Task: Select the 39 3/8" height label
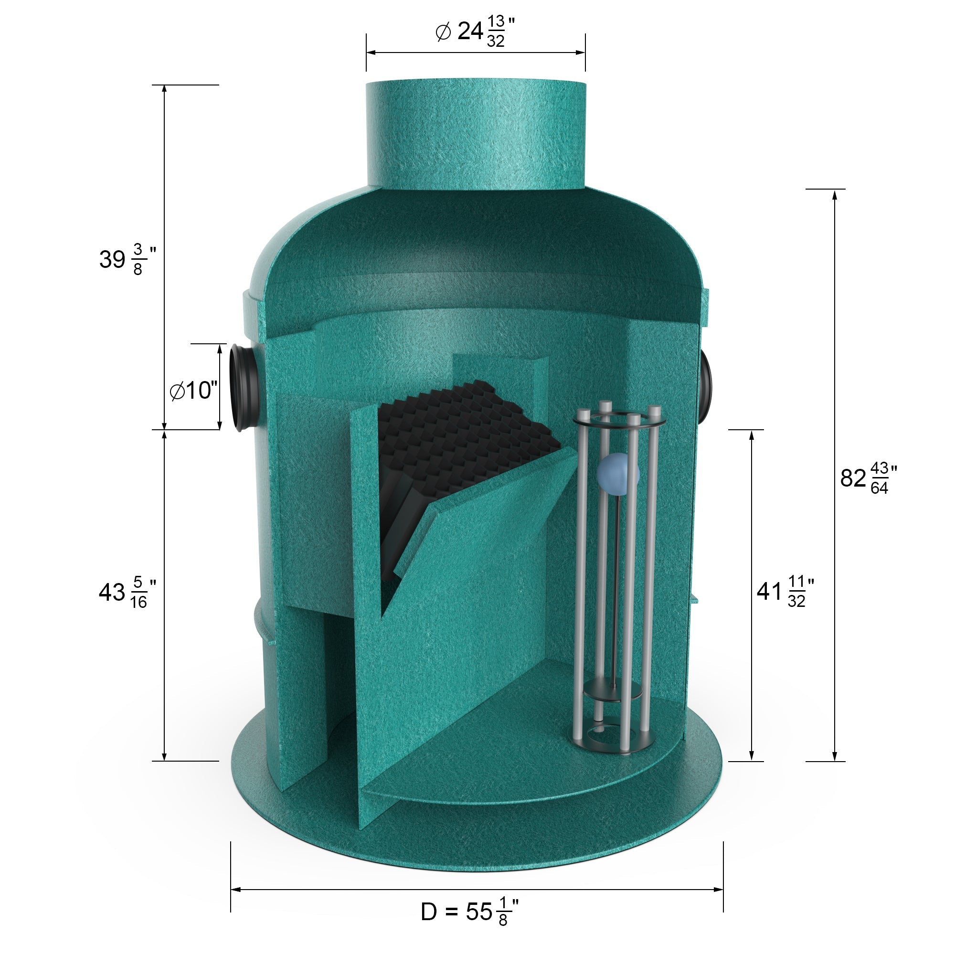tap(127, 259)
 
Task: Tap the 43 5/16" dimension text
tap(127, 592)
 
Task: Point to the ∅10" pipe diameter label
tap(193, 391)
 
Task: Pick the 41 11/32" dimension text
tap(785, 591)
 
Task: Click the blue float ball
tap(617, 474)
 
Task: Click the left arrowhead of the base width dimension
tap(235, 890)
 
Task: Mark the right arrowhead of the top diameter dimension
tap(581, 52)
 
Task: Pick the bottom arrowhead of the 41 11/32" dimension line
tap(751, 756)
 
